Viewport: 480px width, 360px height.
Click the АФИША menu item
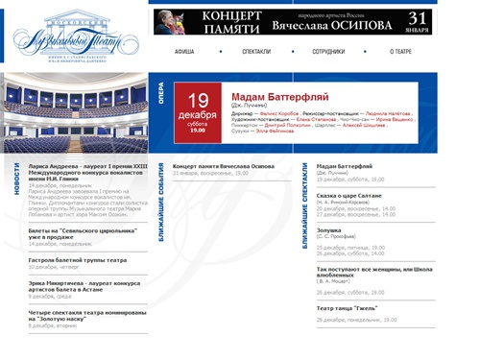pyautogui.click(x=184, y=51)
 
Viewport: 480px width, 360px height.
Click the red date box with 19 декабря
pyautogui.click(x=198, y=109)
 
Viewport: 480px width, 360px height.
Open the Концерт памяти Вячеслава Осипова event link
pyautogui.click(x=224, y=166)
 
